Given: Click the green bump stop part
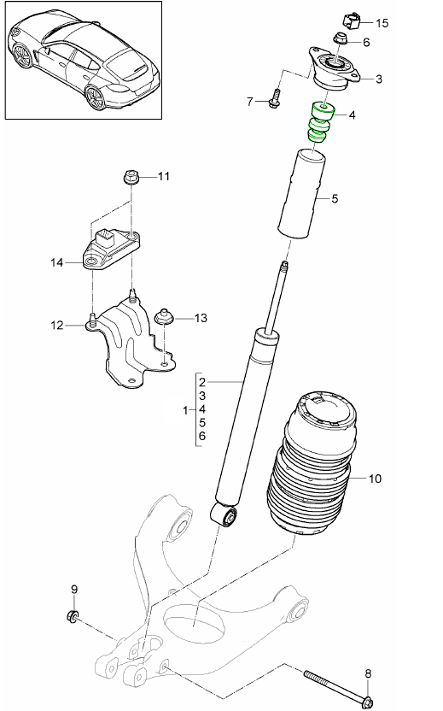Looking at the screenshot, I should tap(319, 124).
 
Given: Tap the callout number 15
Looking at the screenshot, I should tap(381, 23).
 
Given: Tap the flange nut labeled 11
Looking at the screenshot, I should tap(131, 178).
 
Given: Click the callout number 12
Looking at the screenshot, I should tap(56, 324).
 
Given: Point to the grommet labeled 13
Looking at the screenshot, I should tap(164, 318).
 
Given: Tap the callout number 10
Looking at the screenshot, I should tap(375, 479).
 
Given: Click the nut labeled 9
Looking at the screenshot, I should tap(73, 617).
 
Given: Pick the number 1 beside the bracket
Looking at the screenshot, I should tap(186, 411).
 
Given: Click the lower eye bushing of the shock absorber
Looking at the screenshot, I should tap(226, 515).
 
